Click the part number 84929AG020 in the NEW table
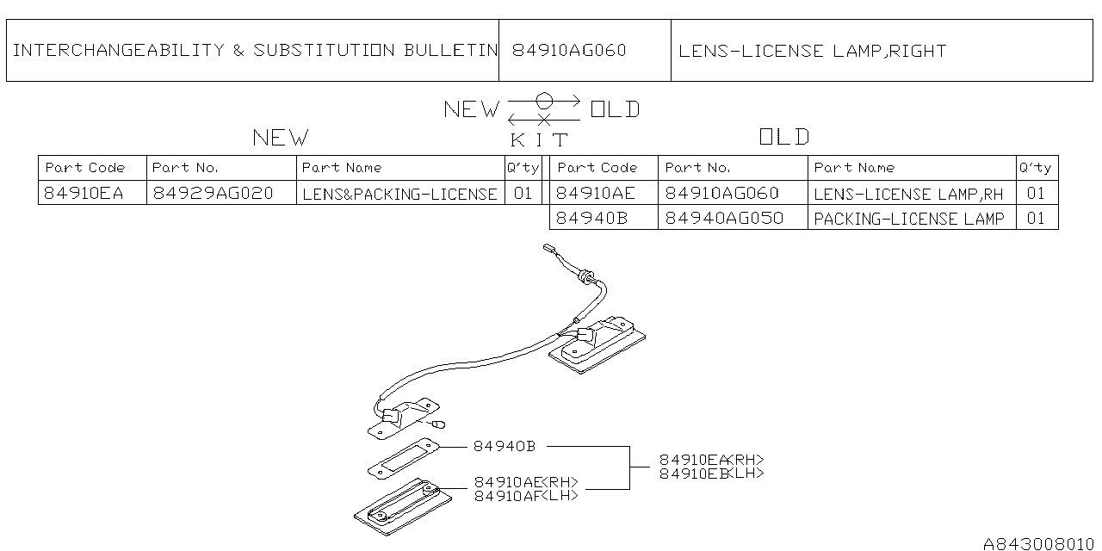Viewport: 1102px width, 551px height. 213,193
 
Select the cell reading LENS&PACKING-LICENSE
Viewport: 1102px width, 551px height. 399,194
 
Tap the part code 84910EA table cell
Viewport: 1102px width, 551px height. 84,193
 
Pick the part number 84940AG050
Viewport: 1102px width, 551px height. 724,218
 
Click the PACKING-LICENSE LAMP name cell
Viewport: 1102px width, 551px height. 908,219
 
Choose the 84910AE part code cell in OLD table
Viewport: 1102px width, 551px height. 595,193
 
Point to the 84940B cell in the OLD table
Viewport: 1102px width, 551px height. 592,218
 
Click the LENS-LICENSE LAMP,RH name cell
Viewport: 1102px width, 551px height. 908,194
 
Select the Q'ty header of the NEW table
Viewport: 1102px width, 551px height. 523,167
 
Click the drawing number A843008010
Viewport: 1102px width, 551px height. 1038,543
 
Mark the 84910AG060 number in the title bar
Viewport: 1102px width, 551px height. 569,50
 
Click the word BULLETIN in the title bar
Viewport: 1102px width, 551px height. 450,50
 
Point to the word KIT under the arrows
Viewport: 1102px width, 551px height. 540,139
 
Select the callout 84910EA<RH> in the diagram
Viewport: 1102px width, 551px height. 711,460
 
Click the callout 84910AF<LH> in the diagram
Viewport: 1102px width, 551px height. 526,495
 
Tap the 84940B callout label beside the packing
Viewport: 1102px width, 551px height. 504,446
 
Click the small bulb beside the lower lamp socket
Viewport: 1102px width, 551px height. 440,423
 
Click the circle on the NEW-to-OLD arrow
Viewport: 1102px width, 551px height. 544,99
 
